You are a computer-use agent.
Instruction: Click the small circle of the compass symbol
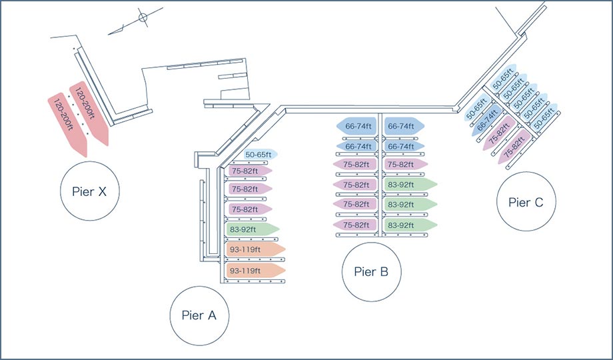[x=143, y=17]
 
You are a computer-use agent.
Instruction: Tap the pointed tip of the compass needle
[x=109, y=35]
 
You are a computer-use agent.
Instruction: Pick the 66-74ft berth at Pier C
[x=486, y=120]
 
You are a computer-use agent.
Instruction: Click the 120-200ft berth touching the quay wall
[x=89, y=113]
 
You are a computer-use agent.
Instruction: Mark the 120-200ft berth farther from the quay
[x=67, y=125]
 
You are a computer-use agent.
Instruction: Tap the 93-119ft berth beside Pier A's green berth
[x=256, y=249]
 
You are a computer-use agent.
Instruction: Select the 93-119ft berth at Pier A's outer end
[x=256, y=271]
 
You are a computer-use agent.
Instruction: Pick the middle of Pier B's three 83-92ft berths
[x=410, y=204]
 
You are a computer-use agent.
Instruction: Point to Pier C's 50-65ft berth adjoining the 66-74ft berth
[x=477, y=107]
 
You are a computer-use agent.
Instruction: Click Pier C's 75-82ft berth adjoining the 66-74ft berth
[x=499, y=133]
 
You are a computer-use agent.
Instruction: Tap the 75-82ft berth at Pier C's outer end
[x=514, y=147]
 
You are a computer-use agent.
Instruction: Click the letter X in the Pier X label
[x=102, y=191]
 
